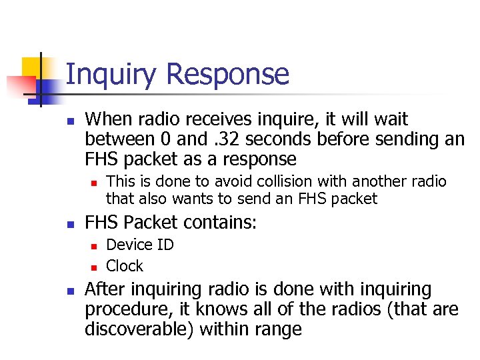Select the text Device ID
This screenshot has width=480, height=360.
pyautogui.click(x=140, y=245)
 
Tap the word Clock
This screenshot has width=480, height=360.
pyautogui.click(x=125, y=266)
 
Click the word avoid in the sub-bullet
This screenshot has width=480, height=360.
pyautogui.click(x=209, y=181)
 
